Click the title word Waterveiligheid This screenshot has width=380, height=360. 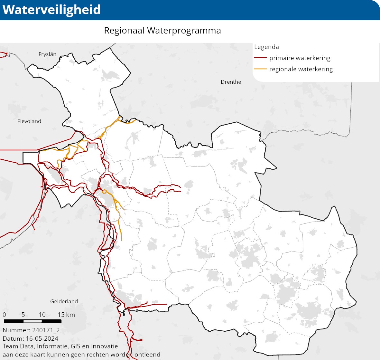pos(51,10)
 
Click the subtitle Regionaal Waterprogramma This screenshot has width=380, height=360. pos(162,31)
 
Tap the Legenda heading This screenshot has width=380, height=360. pos(266,47)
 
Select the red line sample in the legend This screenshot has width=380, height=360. pos(260,58)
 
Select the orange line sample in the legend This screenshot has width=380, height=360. pos(260,69)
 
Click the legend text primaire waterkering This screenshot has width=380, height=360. pos(300,58)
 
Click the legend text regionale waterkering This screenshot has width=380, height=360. pos(301,69)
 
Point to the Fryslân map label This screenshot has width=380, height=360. pos(47,54)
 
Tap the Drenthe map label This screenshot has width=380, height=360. pos(231,82)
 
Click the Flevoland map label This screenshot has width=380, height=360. pos(29,121)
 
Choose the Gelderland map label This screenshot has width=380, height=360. pos(64,301)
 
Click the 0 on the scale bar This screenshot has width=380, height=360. pos(4,315)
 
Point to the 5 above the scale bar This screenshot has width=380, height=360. pos(23,315)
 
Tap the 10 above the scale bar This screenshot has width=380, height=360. pos(42,315)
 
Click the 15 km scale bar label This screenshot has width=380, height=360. pos(66,315)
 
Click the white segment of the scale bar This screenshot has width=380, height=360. pos(32,321)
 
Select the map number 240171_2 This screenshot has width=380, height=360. pos(46,330)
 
